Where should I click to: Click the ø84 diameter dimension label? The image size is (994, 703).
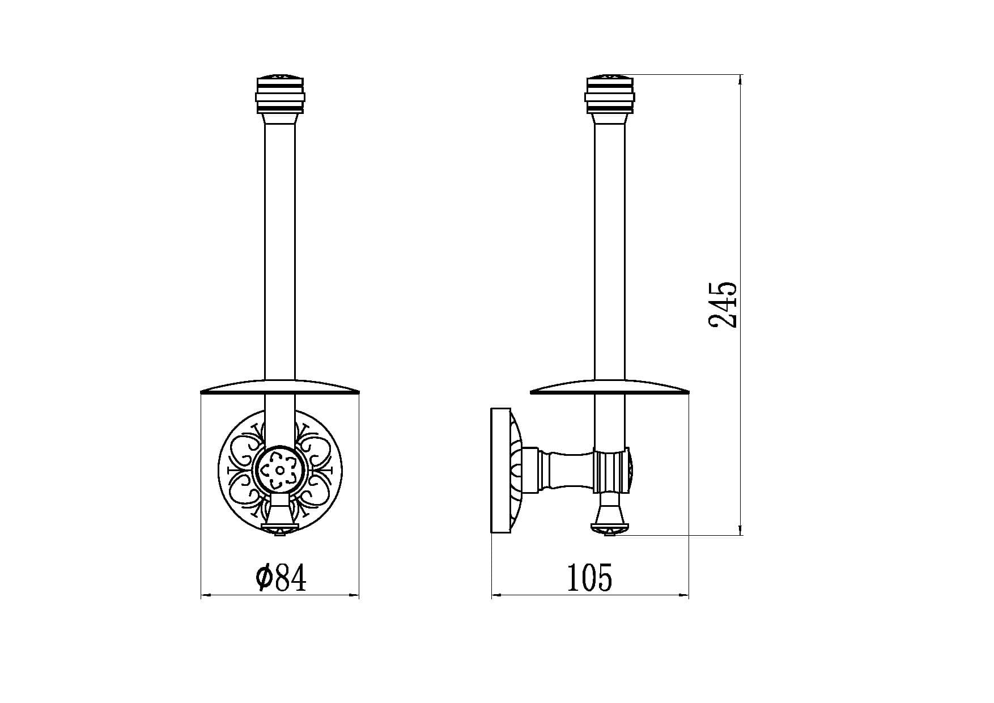(x=281, y=578)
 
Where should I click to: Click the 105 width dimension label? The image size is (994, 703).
(x=590, y=578)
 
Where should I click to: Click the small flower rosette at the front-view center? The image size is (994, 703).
(x=281, y=470)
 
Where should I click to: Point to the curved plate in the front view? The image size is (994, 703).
(x=281, y=386)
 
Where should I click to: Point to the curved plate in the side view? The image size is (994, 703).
(x=609, y=386)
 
